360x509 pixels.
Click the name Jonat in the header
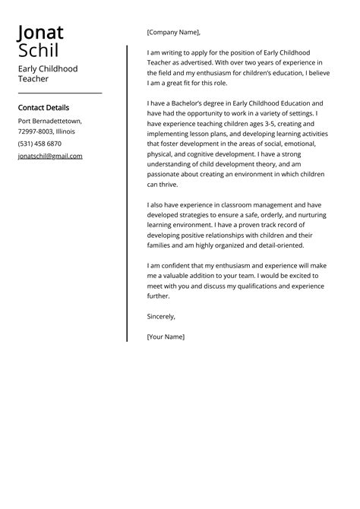(40, 33)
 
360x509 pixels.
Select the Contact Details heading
(43, 108)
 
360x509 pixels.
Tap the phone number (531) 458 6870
(39, 144)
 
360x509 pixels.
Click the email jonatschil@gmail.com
(50, 156)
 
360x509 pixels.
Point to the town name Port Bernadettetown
(50, 121)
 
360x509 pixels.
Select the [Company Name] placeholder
(173, 33)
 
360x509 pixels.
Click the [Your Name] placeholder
(166, 336)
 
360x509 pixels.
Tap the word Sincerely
(161, 316)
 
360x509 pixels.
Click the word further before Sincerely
(159, 296)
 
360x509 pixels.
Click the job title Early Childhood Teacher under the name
(47, 74)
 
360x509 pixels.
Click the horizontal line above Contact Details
(59, 93)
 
